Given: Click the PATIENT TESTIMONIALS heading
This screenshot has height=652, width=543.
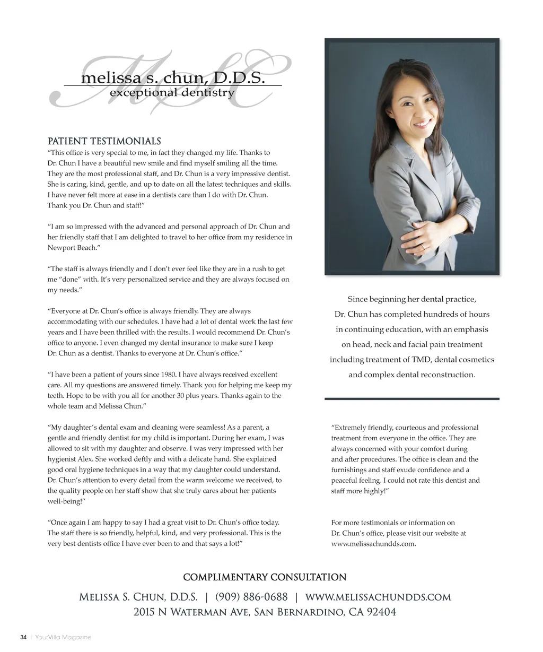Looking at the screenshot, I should click(104, 141).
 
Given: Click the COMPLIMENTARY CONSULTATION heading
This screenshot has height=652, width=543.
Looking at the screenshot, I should click(265, 577).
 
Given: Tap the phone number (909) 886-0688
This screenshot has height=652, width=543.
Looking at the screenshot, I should click(251, 597).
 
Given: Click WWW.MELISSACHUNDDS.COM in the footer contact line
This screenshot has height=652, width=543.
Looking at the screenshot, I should click(378, 597).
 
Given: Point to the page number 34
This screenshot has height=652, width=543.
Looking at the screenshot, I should click(23, 637).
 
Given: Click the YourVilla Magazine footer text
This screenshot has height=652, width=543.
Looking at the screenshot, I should click(63, 637).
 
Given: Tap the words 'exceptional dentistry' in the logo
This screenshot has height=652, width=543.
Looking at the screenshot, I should click(172, 93).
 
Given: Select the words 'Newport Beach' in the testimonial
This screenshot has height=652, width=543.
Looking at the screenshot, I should click(71, 248).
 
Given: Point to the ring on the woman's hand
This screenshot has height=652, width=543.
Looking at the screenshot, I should click(423, 247).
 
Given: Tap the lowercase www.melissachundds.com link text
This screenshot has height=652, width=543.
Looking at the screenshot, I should click(373, 544).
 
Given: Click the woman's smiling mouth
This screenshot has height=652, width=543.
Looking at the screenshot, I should click(423, 124).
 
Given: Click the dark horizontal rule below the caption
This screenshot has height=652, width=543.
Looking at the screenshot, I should click(412, 398).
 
